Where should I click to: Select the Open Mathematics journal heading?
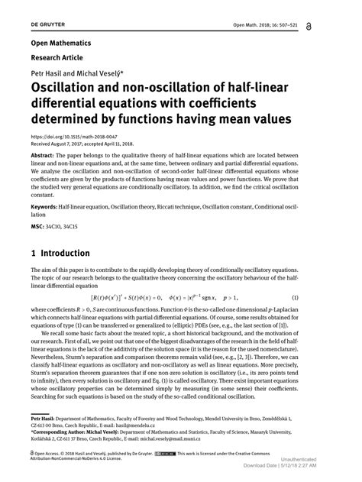[60, 44]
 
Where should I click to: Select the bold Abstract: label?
[44, 154]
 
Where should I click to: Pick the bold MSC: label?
[38, 226]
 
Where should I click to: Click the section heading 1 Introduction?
[60, 253]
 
